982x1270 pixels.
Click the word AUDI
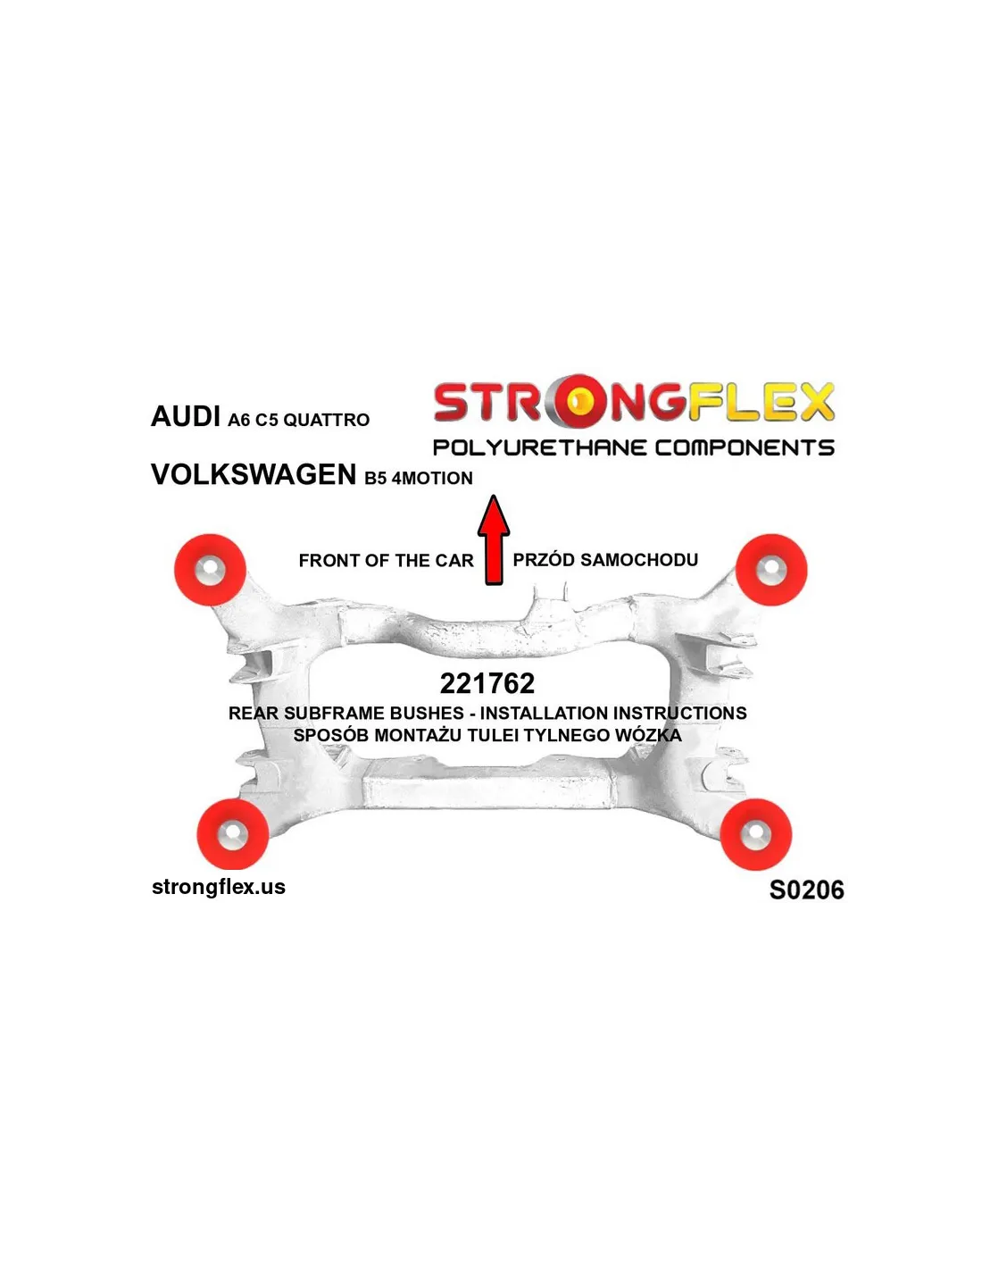(186, 417)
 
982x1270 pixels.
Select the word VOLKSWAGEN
(254, 474)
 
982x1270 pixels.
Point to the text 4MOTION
(432, 479)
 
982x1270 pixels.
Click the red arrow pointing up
(494, 539)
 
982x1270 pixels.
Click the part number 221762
(487, 683)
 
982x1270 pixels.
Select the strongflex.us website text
(219, 887)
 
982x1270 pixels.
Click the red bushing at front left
(211, 569)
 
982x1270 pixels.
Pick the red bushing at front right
(771, 569)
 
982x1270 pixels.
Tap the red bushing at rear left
(232, 834)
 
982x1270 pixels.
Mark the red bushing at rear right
(756, 834)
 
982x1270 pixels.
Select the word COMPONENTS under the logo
(745, 447)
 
